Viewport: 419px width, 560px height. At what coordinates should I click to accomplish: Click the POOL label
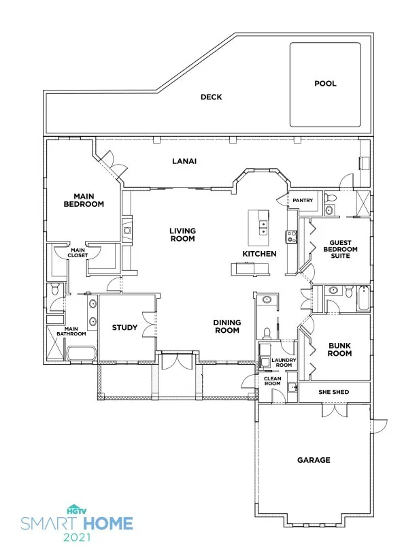tap(325, 84)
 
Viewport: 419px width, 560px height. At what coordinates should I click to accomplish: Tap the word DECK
tap(211, 97)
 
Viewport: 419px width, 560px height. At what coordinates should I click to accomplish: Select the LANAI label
tap(184, 161)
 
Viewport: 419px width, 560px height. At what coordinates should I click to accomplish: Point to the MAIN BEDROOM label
tap(84, 200)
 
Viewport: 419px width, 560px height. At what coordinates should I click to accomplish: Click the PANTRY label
tap(303, 200)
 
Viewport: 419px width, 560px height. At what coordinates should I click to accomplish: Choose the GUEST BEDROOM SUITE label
tap(340, 249)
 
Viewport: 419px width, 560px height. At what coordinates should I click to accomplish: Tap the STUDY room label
tap(124, 327)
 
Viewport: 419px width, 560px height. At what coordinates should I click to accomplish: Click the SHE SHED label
tap(334, 392)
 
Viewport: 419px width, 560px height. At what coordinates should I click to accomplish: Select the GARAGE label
tap(314, 460)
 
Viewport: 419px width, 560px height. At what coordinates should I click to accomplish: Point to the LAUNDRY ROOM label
tap(284, 363)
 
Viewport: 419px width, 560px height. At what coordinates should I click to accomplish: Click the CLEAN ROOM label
tap(272, 381)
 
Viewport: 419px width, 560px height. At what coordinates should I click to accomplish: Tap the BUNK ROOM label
tap(340, 350)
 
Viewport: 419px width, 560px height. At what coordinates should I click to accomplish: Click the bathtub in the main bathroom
tap(81, 353)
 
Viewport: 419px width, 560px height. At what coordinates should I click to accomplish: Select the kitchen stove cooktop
tap(291, 237)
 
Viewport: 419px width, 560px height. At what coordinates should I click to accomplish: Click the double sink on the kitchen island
tap(263, 228)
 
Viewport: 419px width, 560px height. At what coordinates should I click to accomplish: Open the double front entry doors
tap(177, 361)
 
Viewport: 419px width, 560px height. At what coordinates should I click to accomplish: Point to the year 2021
tap(77, 537)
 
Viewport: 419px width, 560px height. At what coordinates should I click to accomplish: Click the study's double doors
tap(149, 325)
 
